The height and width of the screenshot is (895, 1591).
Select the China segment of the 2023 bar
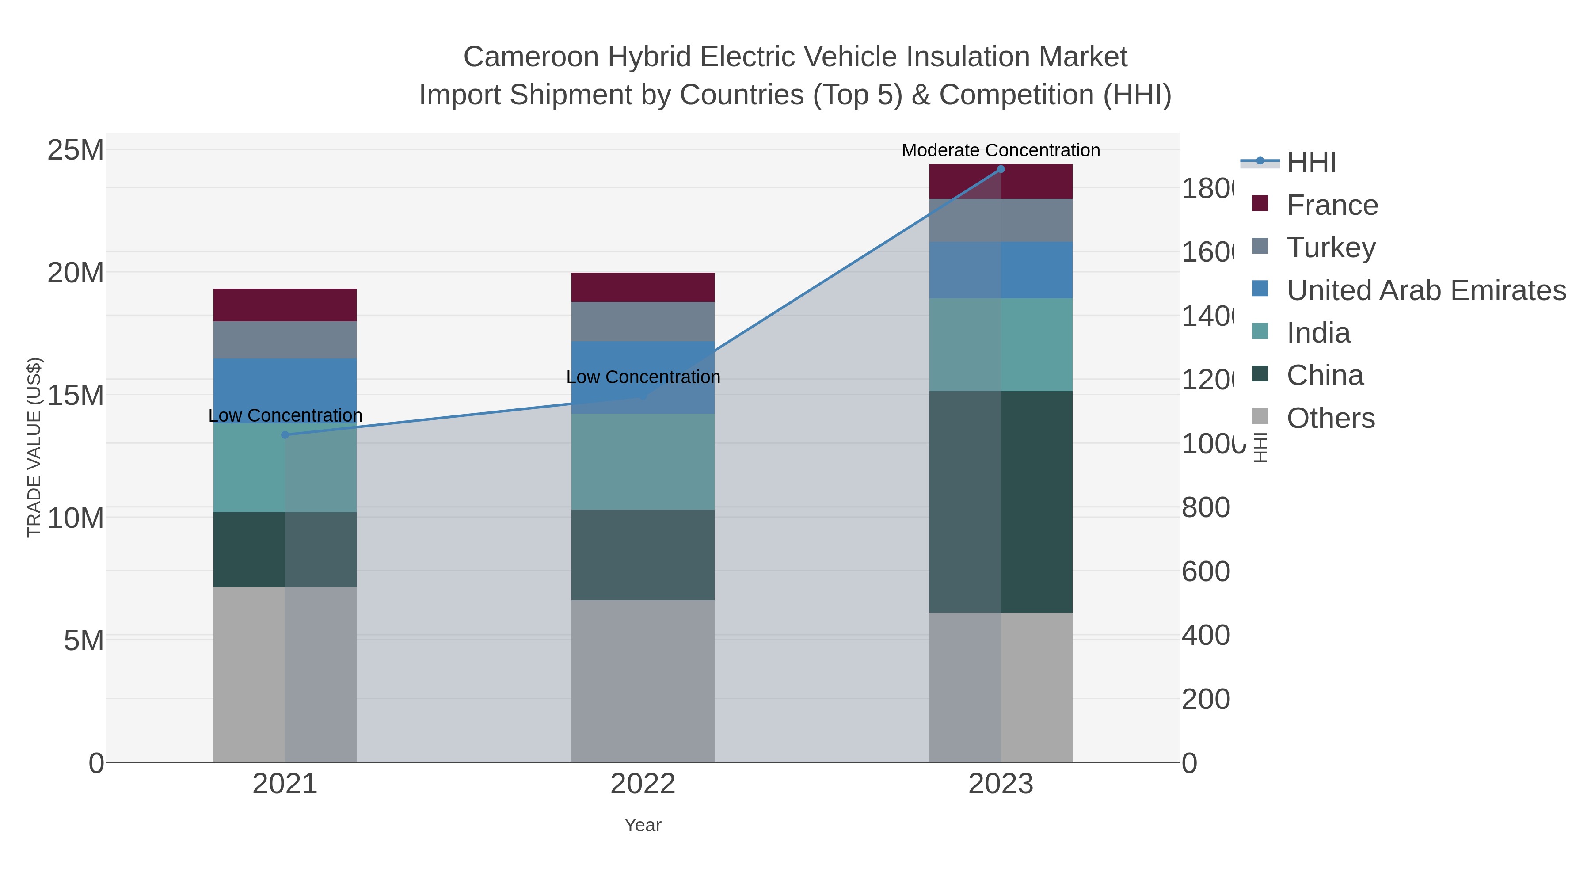click(1001, 502)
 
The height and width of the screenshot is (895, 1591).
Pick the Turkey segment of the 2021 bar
click(285, 340)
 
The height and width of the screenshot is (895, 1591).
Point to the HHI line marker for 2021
click(285, 435)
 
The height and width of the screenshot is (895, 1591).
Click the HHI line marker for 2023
click(1001, 169)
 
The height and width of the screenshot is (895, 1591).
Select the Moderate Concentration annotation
click(1001, 150)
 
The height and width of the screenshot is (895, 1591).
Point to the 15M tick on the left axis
click(75, 395)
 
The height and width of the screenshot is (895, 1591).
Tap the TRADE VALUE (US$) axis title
click(34, 447)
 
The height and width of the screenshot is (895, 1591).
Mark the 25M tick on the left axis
click(75, 149)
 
